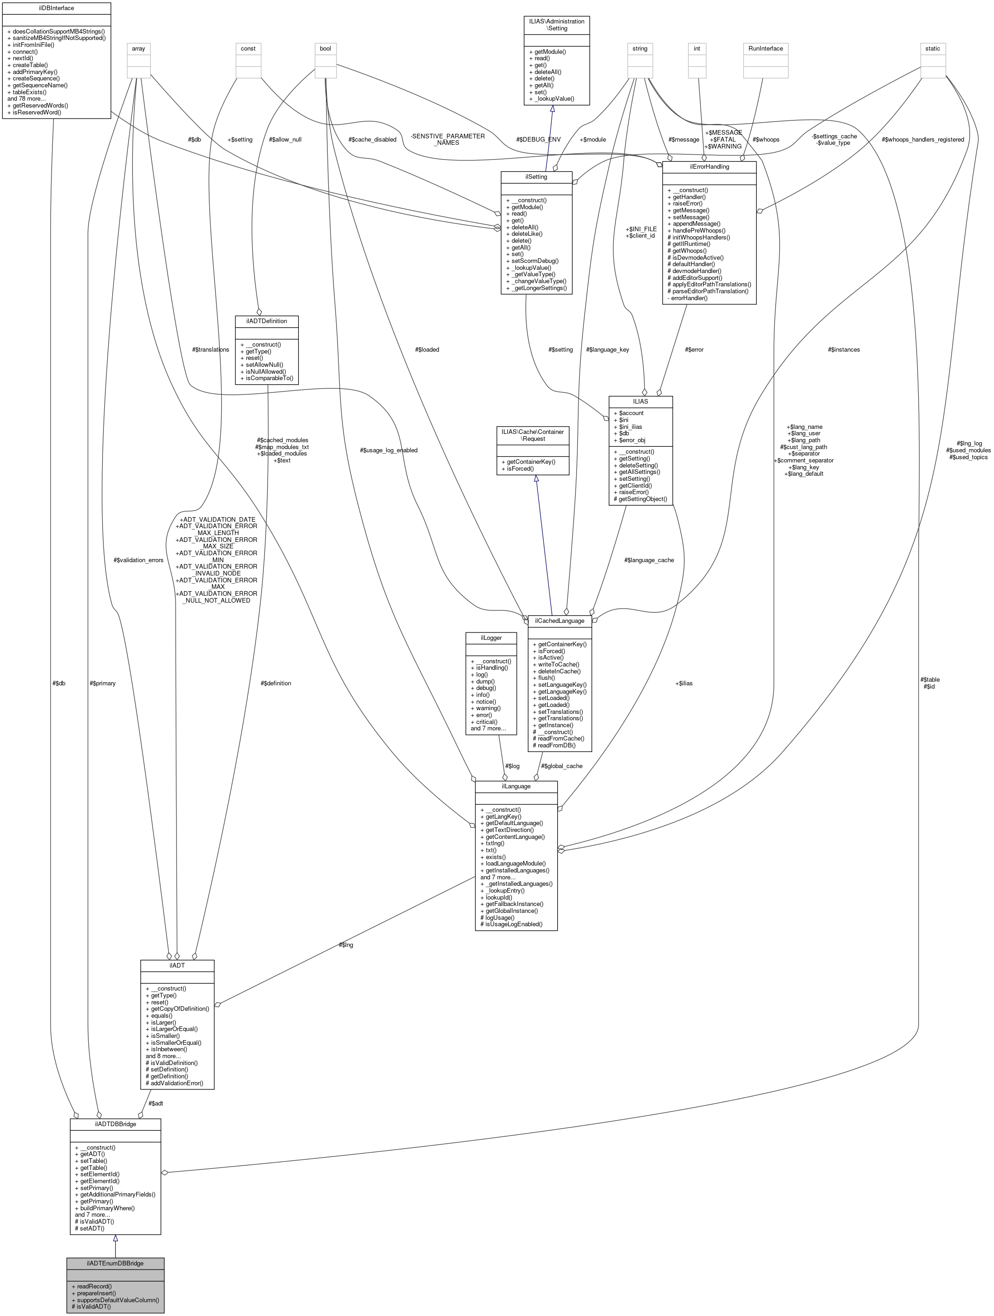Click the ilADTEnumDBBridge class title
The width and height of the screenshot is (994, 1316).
[x=115, y=1263]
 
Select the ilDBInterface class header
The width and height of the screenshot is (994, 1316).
[x=56, y=8]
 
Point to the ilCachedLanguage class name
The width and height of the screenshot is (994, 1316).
[x=560, y=621]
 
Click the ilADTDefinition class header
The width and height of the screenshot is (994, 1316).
[x=266, y=321]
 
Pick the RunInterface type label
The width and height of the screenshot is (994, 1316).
[x=765, y=48]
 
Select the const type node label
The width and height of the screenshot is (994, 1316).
[x=248, y=48]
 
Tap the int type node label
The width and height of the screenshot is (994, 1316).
[x=697, y=48]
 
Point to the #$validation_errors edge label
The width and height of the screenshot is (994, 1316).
[x=138, y=560]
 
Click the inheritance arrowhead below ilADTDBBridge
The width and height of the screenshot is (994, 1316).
[x=115, y=1238]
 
